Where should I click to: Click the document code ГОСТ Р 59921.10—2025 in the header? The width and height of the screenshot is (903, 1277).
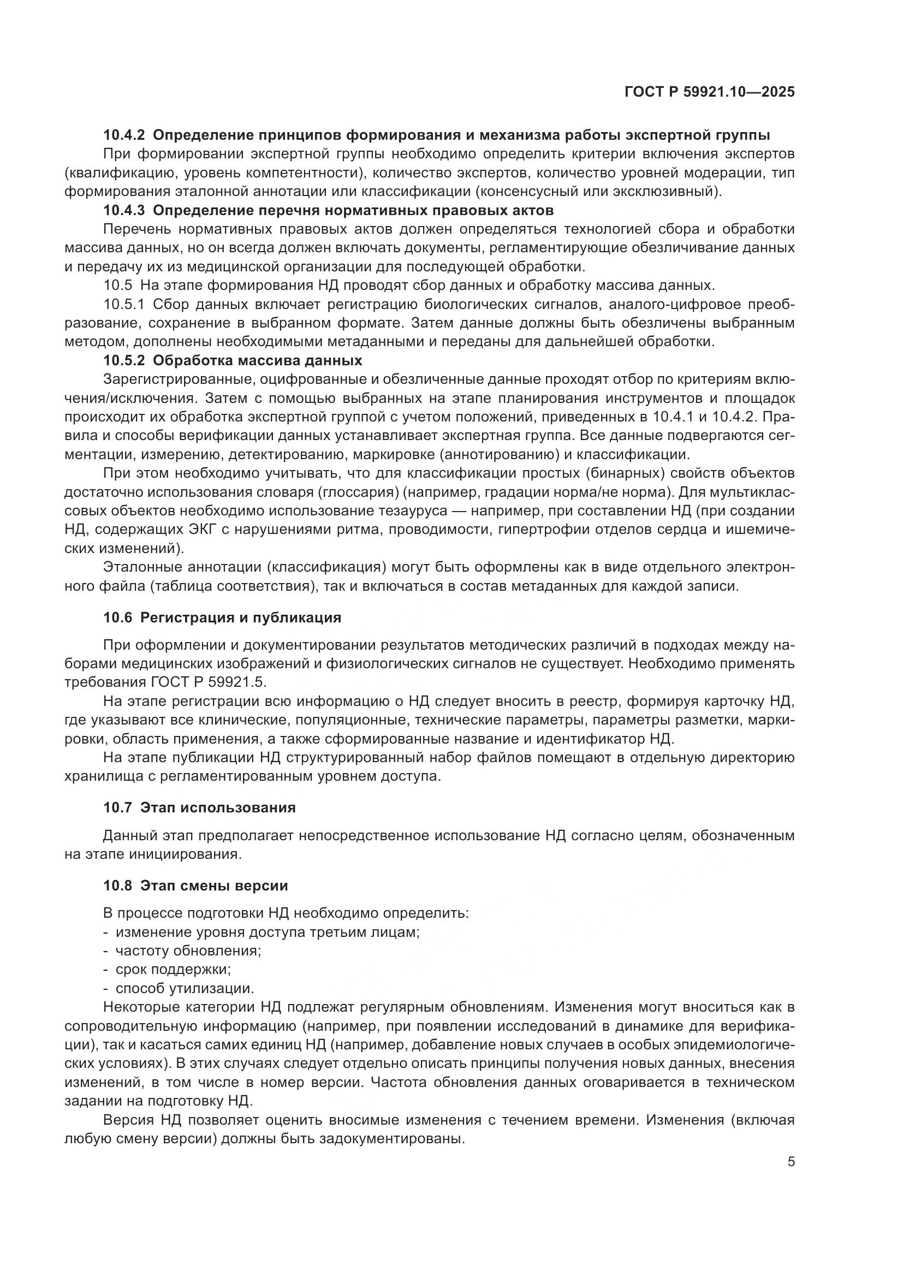709,92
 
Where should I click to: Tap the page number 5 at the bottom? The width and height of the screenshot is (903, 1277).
791,1162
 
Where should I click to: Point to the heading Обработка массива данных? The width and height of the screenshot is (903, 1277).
257,360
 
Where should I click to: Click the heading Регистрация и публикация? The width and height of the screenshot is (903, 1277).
240,617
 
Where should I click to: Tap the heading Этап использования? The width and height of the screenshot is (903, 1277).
217,807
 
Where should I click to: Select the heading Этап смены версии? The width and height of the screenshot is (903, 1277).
214,886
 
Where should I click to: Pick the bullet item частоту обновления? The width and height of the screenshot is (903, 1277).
188,951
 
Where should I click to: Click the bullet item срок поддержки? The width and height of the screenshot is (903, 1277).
173,970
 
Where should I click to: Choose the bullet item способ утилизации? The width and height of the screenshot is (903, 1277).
185,988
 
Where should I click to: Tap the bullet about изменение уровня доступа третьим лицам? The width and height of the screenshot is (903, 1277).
267,932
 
